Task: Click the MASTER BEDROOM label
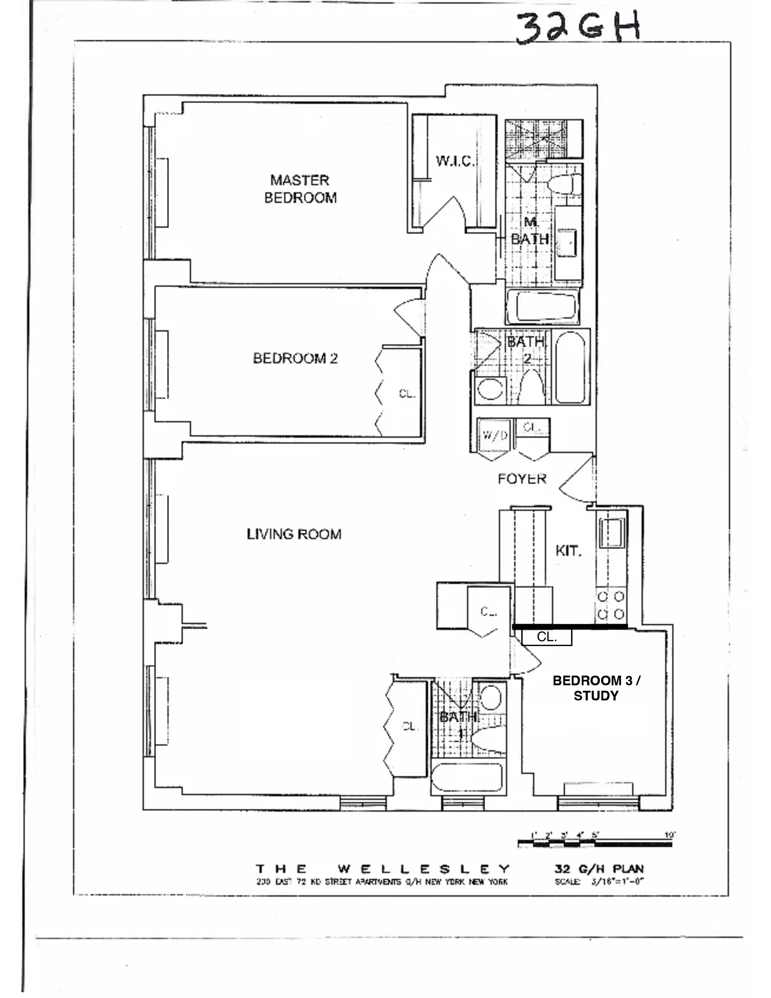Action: (300, 189)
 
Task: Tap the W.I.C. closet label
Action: (455, 161)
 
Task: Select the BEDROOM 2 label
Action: (295, 358)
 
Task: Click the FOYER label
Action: (522, 479)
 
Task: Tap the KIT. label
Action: (568, 551)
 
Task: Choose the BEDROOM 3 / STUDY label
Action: (596, 688)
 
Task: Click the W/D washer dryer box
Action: (495, 435)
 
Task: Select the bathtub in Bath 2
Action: (570, 367)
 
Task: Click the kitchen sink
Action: (612, 532)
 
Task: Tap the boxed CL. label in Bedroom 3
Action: (547, 637)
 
